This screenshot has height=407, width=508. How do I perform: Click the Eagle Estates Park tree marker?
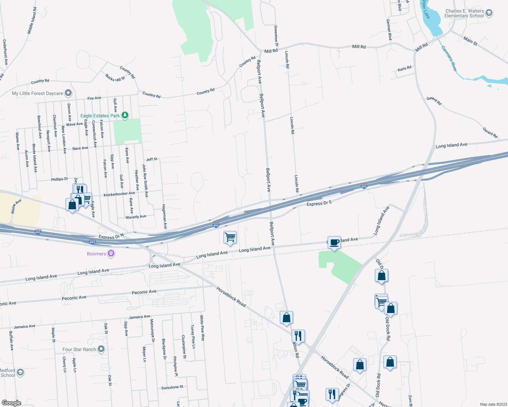tap(125, 115)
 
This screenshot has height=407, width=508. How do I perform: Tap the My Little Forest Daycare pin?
tap(68, 93)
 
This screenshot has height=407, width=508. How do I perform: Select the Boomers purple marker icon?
tap(111, 253)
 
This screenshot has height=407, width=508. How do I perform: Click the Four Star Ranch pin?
tap(101, 349)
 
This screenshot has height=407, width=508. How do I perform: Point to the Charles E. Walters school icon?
tap(489, 13)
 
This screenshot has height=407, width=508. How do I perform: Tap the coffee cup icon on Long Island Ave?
tap(334, 243)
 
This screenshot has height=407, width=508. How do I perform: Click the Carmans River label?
tap(449, 59)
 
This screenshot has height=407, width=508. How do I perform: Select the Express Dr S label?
tap(319, 203)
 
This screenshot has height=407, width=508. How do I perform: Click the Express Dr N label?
tap(111, 236)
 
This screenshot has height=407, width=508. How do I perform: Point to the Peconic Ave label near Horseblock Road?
tap(144, 292)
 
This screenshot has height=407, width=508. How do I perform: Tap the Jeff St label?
tap(152, 159)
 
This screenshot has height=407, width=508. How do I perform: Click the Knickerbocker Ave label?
tap(119, 194)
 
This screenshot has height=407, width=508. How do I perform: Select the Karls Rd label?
tap(404, 69)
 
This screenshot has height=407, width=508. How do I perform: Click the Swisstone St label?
tap(172, 387)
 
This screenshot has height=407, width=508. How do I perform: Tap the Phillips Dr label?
tap(59, 179)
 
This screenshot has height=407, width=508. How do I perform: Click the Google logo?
tap(12, 403)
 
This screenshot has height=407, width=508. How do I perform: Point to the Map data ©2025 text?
tap(493, 404)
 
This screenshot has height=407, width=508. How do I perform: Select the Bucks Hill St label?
tap(115, 78)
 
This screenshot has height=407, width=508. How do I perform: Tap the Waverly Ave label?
tap(136, 217)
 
